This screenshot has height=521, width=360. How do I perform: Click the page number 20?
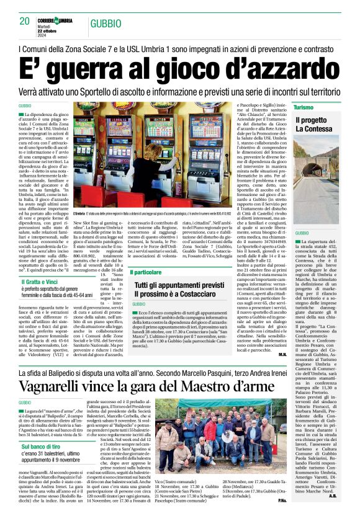tap(25, 21)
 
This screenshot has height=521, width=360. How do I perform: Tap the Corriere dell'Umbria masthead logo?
tap(56, 20)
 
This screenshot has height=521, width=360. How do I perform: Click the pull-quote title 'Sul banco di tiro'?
tap(40, 446)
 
